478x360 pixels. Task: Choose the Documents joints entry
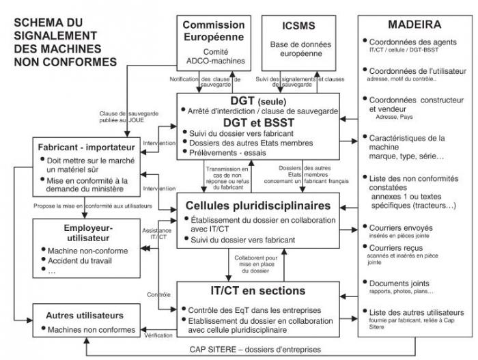pyautogui.click(x=404, y=282)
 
